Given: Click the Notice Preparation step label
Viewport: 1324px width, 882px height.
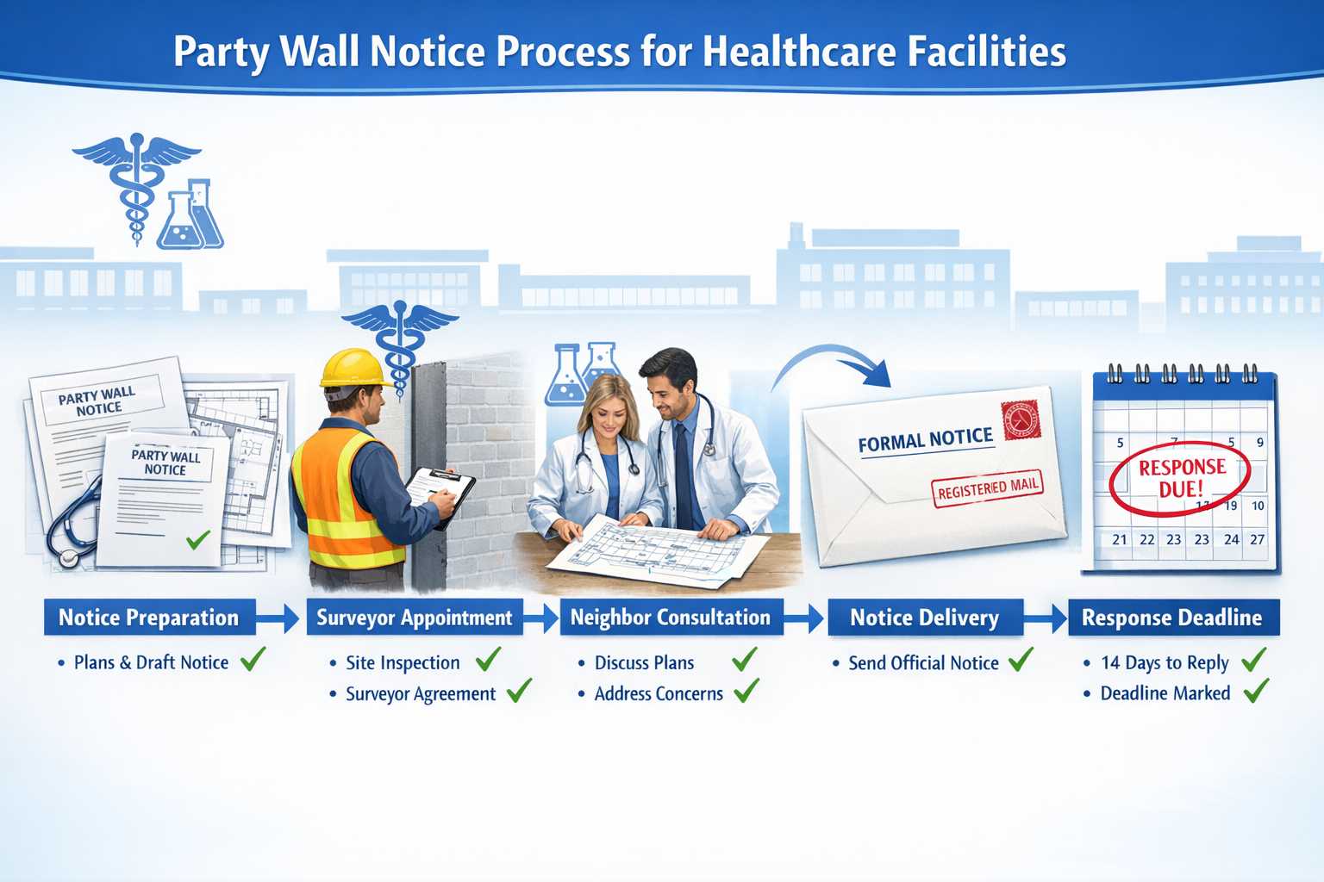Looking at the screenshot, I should pyautogui.click(x=149, y=618).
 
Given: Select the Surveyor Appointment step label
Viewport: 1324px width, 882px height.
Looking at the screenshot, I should pyautogui.click(x=415, y=618).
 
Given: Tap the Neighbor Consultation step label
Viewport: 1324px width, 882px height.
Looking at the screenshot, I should pyautogui.click(x=671, y=618).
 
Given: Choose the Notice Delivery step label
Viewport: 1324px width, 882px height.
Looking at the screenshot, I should pyautogui.click(x=925, y=618).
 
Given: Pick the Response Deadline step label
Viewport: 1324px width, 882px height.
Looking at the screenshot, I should pyautogui.click(x=1172, y=618).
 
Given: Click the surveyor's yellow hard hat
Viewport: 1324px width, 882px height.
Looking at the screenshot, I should pyautogui.click(x=353, y=368).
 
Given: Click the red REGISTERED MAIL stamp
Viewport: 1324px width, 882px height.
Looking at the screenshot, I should pyautogui.click(x=988, y=488).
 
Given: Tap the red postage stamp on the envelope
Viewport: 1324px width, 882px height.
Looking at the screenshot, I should pyautogui.click(x=1021, y=421).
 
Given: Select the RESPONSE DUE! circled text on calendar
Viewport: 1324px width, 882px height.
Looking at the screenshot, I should pyautogui.click(x=1181, y=478).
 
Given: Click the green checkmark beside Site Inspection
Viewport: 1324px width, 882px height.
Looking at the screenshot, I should pyautogui.click(x=488, y=660).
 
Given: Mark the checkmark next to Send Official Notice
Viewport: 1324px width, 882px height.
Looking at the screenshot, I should pyautogui.click(x=1021, y=660).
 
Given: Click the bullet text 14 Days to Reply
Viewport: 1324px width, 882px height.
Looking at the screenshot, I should pyautogui.click(x=1165, y=662).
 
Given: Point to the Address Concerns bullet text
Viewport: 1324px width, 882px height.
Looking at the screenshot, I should pyautogui.click(x=659, y=693).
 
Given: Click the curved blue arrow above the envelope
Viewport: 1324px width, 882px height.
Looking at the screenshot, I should pyautogui.click(x=836, y=362).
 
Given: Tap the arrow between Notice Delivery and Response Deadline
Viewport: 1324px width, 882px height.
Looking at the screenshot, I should pyautogui.click(x=1046, y=618).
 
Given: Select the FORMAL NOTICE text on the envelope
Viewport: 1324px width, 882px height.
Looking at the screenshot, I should pyautogui.click(x=925, y=441).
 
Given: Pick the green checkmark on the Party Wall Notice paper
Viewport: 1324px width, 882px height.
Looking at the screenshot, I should pyautogui.click(x=198, y=540).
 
